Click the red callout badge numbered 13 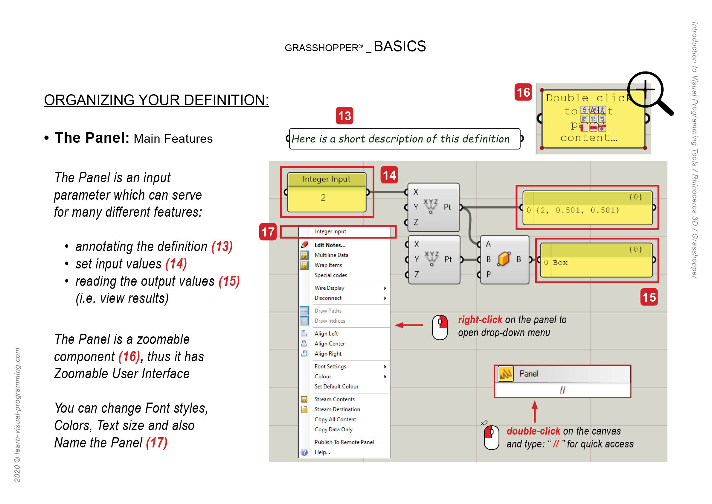(x=344, y=116)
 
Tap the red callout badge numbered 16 (x=523, y=92)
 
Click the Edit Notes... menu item (x=330, y=245)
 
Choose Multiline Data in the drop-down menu (x=331, y=255)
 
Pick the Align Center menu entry (x=329, y=344)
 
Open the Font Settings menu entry (x=330, y=367)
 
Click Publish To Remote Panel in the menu (x=344, y=442)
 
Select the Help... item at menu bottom (x=322, y=453)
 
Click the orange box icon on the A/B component (x=504, y=259)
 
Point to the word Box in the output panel (x=560, y=263)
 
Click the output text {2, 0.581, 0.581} (x=577, y=210)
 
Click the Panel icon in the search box (x=505, y=374)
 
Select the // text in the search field (x=562, y=390)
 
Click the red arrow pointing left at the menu (x=409, y=325)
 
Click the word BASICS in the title (x=400, y=47)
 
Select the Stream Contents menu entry (x=334, y=400)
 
